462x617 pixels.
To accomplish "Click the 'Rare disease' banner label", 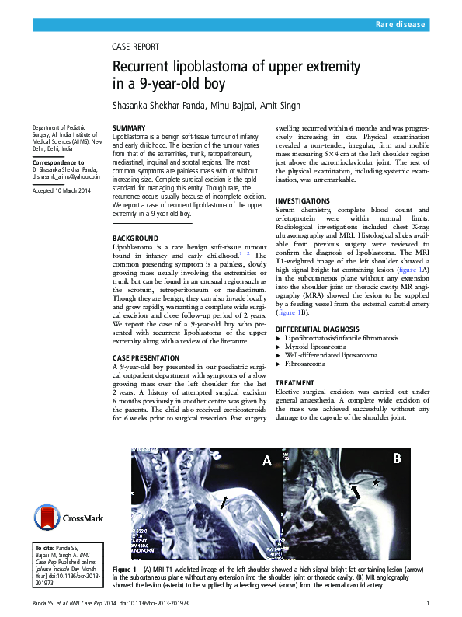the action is pyautogui.click(x=400, y=25).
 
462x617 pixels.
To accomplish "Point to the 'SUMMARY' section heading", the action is pyautogui.click(x=129, y=127).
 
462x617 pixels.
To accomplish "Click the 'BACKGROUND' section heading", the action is pyautogui.click(x=136, y=238).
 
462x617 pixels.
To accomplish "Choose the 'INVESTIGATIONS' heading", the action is pyautogui.click(x=304, y=200).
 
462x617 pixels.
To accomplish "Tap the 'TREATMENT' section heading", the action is pyautogui.click(x=296, y=383).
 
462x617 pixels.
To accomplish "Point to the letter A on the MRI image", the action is pyautogui.click(x=266, y=461).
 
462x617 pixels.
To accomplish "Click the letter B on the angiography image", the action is pyautogui.click(x=396, y=458).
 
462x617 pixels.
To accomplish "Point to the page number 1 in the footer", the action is pyautogui.click(x=428, y=604).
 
